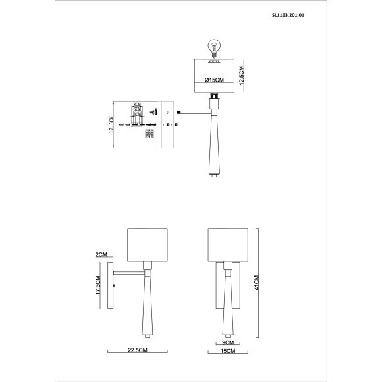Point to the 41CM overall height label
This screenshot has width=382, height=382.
(261, 283)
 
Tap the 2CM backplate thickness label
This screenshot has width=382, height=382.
(101, 254)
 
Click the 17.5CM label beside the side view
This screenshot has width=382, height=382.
(100, 285)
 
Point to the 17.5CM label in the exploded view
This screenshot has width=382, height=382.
(112, 124)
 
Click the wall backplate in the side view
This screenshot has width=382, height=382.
(116, 285)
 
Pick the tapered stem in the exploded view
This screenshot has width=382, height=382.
(214, 142)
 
